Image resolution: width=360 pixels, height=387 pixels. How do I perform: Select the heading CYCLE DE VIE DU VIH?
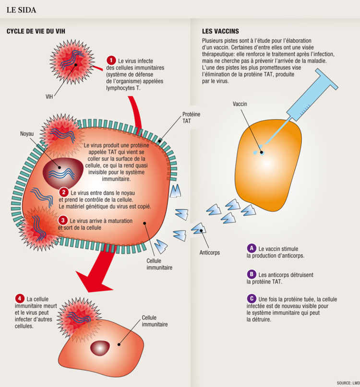tap(36, 32)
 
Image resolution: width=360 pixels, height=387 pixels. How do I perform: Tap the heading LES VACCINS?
tap(221, 32)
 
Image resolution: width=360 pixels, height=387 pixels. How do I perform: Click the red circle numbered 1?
tap(111, 60)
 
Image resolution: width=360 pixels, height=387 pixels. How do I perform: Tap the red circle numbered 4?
tap(19, 298)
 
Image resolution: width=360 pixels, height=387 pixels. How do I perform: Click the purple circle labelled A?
tap(251, 248)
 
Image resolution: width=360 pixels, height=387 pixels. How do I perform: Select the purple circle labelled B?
tap(251, 274)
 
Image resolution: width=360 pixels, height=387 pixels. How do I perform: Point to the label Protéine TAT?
tap(192, 117)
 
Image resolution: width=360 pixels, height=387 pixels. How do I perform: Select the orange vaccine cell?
tap(269, 158)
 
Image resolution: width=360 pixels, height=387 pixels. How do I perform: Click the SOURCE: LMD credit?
tap(348, 383)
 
